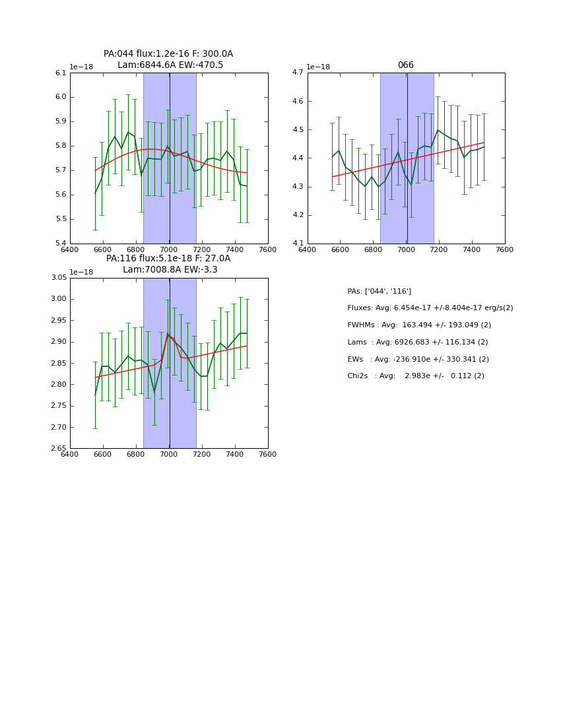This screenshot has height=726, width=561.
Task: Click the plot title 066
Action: tap(405, 65)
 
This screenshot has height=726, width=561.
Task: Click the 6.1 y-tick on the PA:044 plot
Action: tap(61, 73)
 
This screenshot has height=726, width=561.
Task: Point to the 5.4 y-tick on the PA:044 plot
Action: tap(61, 244)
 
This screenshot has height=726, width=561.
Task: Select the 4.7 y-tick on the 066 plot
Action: tap(298, 73)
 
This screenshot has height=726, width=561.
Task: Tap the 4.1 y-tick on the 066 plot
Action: tap(298, 244)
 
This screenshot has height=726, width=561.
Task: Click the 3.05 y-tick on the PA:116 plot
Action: tap(59, 278)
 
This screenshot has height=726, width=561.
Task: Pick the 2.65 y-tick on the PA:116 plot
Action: tap(59, 449)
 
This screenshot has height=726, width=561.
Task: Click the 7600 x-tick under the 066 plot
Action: tap(504, 249)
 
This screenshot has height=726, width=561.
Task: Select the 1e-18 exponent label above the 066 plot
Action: tap(319, 67)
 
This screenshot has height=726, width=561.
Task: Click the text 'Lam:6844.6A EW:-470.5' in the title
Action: tap(170, 65)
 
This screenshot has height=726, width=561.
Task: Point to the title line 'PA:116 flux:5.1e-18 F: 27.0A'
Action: tap(168, 259)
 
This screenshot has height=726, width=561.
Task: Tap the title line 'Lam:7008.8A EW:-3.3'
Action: tap(170, 270)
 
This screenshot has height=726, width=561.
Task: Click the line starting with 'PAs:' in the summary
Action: tap(379, 292)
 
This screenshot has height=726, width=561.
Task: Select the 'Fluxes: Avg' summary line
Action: tap(430, 308)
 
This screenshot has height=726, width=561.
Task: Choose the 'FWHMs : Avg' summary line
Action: tap(419, 325)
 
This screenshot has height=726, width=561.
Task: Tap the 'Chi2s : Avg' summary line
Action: tap(415, 376)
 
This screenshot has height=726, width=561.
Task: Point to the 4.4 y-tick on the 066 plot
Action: tap(298, 158)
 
